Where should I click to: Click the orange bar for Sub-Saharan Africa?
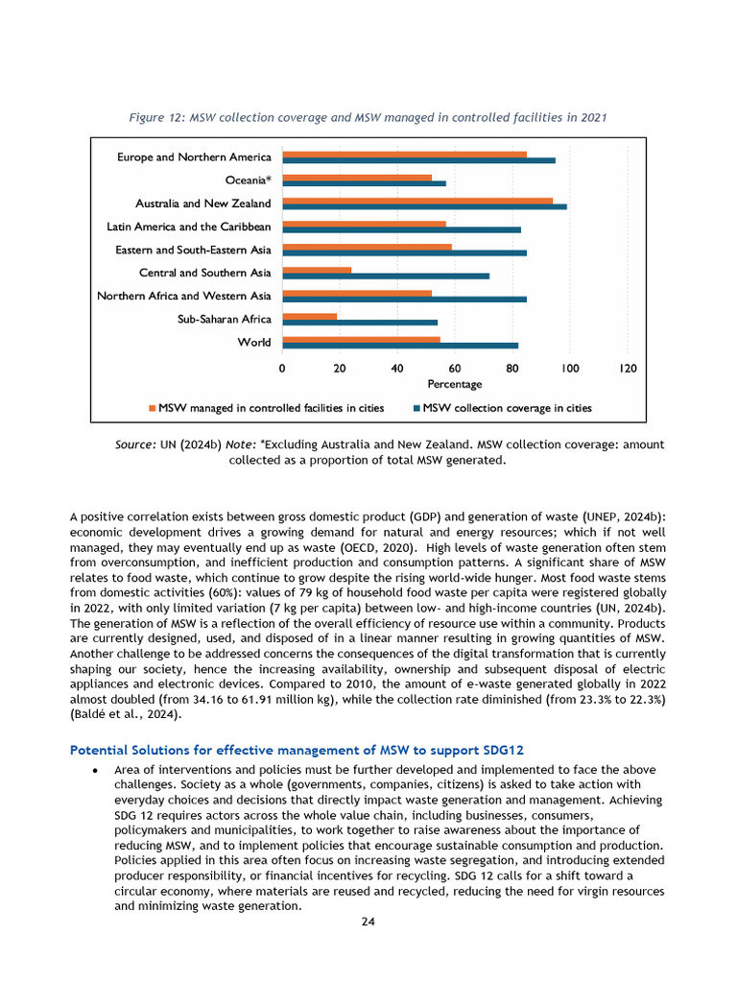pyautogui.click(x=310, y=316)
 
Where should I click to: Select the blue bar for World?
pyautogui.click(x=401, y=346)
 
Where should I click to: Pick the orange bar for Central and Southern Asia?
pyautogui.click(x=318, y=270)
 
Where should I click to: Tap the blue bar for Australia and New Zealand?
pyautogui.click(x=425, y=206)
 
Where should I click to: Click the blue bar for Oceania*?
pyautogui.click(x=365, y=183)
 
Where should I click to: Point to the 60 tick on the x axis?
pyautogui.click(x=455, y=368)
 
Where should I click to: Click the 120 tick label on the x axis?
pyautogui.click(x=628, y=368)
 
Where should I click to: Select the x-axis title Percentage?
pyautogui.click(x=455, y=384)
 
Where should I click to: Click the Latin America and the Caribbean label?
pyautogui.click(x=189, y=227)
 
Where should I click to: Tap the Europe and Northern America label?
pyautogui.click(x=195, y=156)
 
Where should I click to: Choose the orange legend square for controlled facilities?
pyautogui.click(x=152, y=408)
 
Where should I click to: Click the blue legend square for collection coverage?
pyautogui.click(x=416, y=408)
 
